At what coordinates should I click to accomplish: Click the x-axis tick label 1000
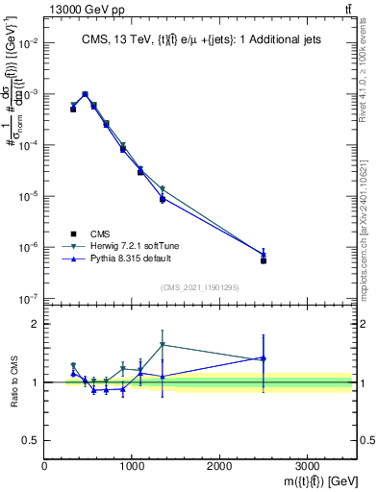coord(132,466)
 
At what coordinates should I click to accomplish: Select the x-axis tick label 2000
coord(219,466)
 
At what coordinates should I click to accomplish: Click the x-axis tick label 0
coord(45,466)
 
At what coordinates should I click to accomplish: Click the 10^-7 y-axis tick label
coord(28,298)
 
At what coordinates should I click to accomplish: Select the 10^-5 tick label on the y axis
coord(28,196)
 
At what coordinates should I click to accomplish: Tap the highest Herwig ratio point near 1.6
coord(163,345)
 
